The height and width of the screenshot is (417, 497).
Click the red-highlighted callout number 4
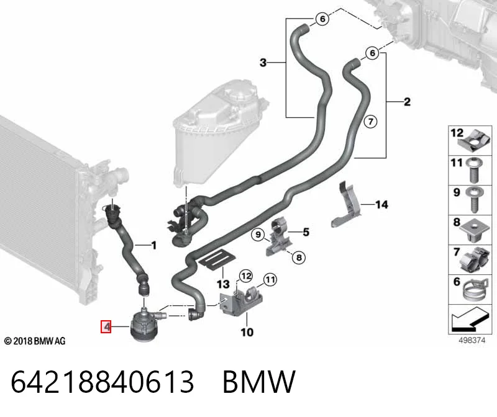tap(106, 326)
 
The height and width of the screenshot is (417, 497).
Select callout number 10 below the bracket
tap(247, 332)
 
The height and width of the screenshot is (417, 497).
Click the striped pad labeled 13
tap(217, 259)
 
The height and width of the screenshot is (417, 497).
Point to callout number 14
tap(381, 205)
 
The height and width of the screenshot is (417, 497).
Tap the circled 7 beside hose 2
tap(370, 121)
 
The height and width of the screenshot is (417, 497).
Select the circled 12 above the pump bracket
tap(246, 276)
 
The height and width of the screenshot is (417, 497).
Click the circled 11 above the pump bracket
tap(270, 280)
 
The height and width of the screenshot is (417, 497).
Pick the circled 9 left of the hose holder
tap(258, 235)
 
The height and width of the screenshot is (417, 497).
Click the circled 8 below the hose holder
tap(299, 258)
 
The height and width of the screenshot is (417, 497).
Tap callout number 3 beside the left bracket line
tap(263, 63)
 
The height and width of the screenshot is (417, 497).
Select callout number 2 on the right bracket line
tap(408, 102)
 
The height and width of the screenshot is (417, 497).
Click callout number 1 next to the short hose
tap(154, 245)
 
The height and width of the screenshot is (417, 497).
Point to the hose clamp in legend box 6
tap(475, 289)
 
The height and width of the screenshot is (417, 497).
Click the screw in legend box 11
tap(473, 170)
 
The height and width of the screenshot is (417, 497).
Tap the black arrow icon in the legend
tap(469, 319)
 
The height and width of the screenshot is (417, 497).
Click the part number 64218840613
tap(102, 382)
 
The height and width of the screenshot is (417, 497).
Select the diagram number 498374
tap(472, 341)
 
